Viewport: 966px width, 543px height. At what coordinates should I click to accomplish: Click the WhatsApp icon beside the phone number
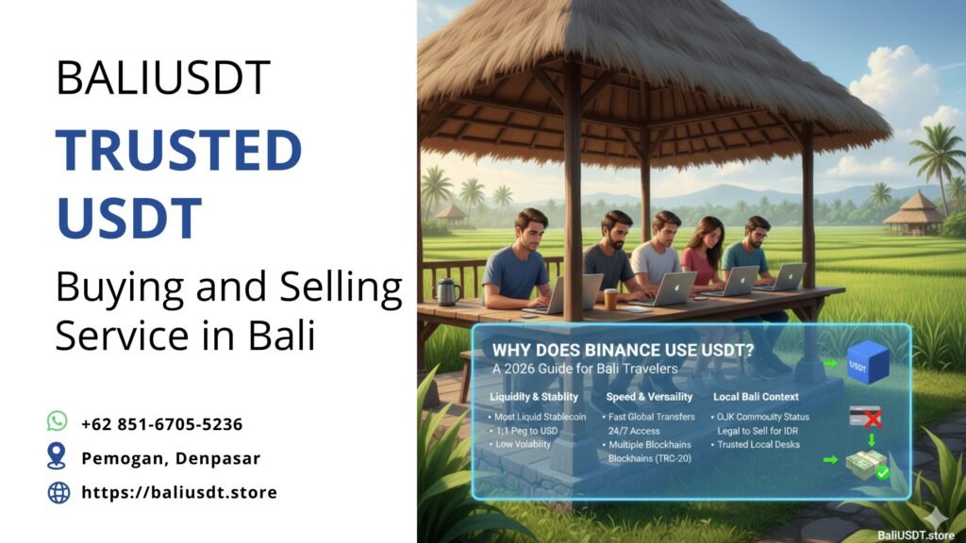(x=58, y=422)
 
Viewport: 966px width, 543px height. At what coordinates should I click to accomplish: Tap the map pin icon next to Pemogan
(x=58, y=457)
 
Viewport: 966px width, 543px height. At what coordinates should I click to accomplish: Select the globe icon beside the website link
(x=58, y=492)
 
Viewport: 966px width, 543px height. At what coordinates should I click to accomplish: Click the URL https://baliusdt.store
(x=178, y=492)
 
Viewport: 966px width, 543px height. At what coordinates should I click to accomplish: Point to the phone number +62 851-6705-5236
(x=161, y=423)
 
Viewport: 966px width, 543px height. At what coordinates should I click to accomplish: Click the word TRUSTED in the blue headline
(x=178, y=152)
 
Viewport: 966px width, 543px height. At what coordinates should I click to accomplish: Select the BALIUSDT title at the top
(x=163, y=78)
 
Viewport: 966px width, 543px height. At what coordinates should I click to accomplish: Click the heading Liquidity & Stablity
(x=534, y=397)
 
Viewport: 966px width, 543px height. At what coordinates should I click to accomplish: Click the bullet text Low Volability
(x=525, y=444)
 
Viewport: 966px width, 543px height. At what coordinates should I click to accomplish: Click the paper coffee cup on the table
(x=610, y=298)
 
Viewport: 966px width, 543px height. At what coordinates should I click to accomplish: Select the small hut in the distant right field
(x=914, y=215)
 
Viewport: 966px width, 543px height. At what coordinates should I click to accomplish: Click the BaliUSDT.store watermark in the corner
(x=914, y=533)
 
